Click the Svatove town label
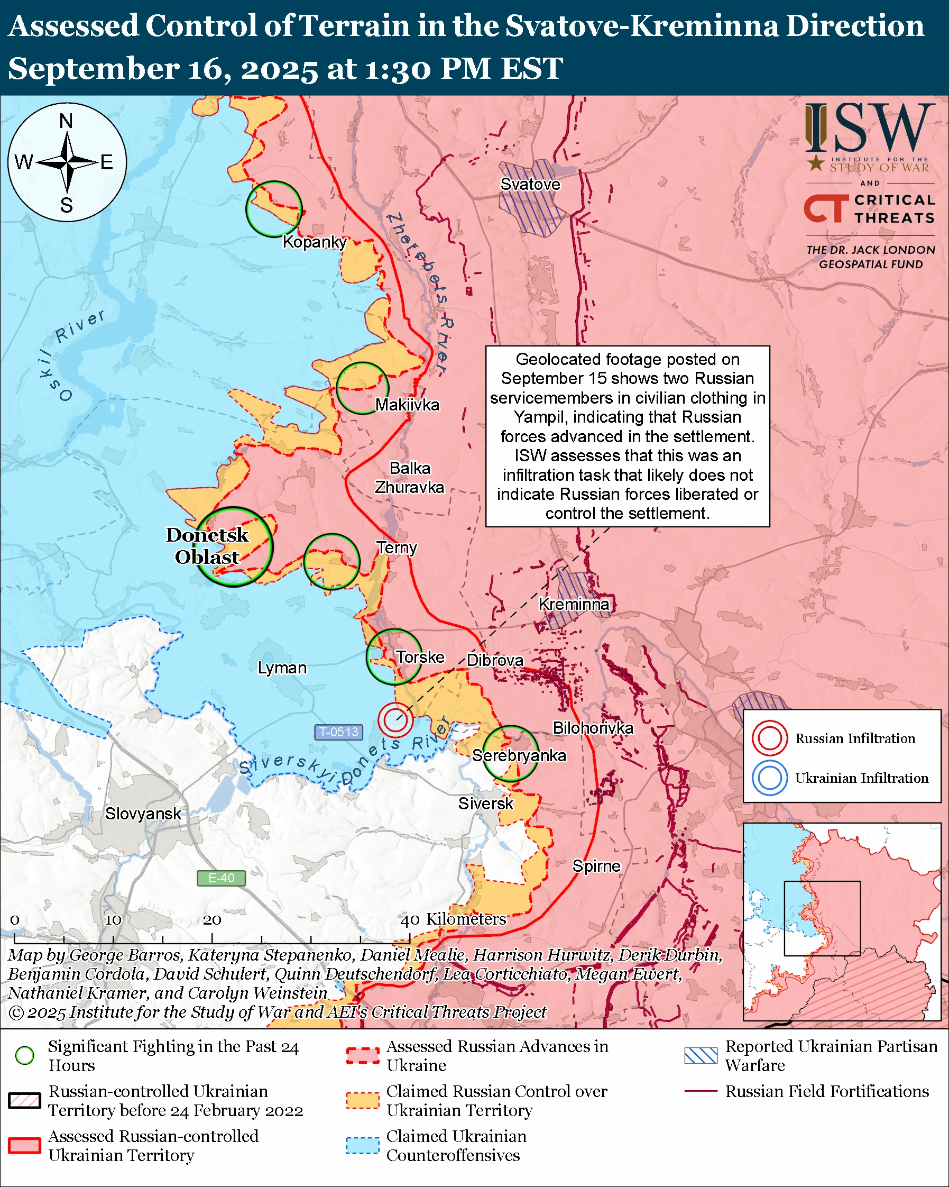530,184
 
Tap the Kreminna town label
573,604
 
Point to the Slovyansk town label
143,813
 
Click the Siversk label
485,803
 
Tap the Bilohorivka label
593,728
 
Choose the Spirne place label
596,866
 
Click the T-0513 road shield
339,732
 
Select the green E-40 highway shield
221,878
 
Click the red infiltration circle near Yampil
395,719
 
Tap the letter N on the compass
66,121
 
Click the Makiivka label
407,405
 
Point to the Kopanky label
314,242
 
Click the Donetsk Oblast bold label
207,545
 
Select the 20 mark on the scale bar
212,920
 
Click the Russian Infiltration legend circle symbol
769,738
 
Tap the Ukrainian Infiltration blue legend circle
769,778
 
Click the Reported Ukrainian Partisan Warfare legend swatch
701,1055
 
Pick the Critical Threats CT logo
825,208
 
